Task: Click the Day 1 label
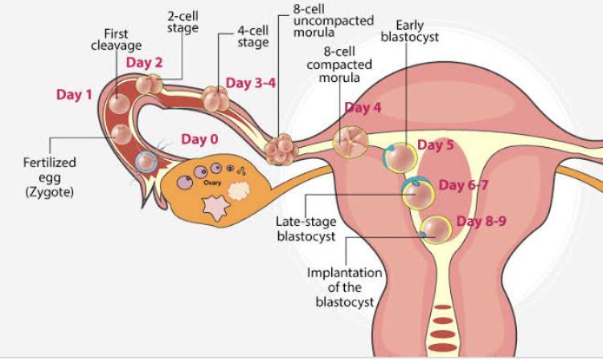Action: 74,95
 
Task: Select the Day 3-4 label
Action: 251,83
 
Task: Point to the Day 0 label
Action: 199,139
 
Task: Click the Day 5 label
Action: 436,145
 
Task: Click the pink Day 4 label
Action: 363,108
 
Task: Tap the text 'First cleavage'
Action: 117,40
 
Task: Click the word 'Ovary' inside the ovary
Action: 212,182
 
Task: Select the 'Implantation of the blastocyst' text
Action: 340,287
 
